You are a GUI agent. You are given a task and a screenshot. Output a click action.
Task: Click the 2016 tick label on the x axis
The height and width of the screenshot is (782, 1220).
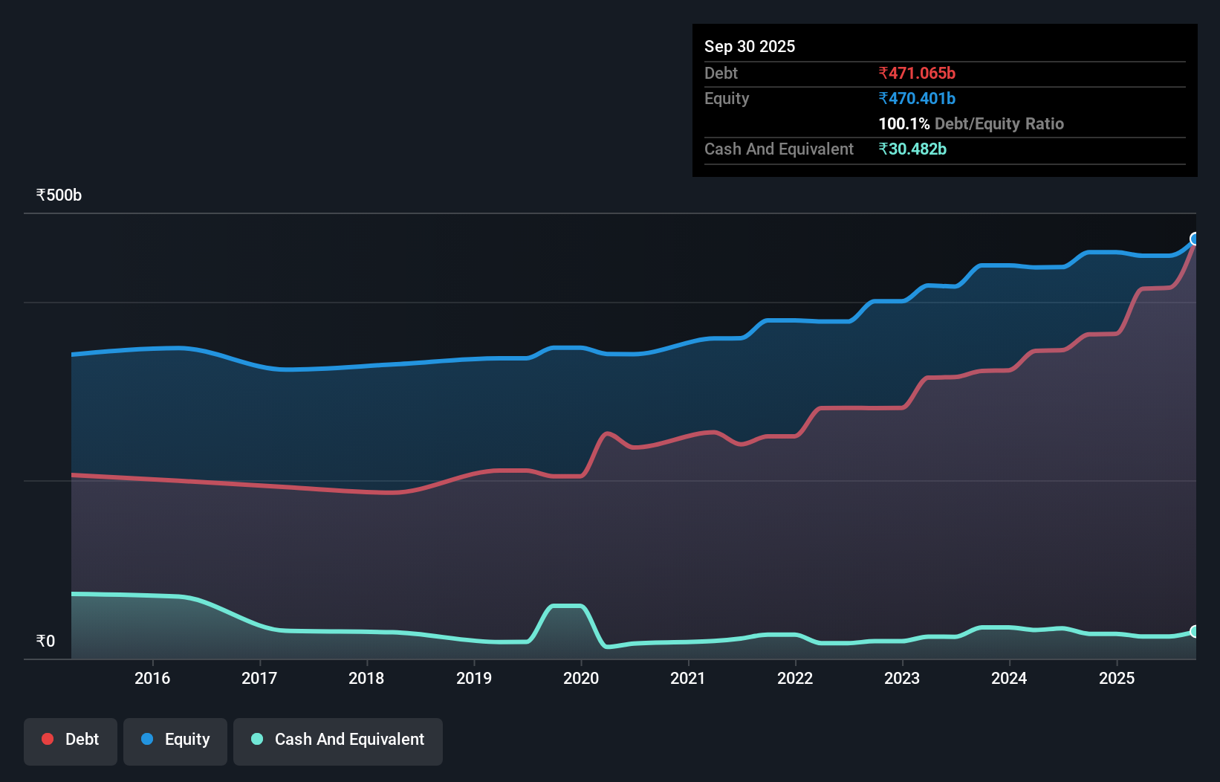152,678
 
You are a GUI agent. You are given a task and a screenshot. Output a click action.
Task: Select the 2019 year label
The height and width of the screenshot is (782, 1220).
474,678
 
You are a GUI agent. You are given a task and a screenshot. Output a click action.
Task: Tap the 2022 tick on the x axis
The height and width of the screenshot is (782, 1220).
795,678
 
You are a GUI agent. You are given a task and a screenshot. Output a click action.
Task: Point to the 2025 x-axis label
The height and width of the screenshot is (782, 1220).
1117,678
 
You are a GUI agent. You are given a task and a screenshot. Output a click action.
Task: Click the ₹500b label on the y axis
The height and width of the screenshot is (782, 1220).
59,195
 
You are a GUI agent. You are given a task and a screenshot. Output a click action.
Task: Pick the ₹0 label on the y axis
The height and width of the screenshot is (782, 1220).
45,641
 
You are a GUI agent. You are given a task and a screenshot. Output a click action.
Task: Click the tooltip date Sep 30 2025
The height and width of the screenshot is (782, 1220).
750,46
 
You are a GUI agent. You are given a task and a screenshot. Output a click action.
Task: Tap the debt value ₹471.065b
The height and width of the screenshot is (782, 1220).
917,73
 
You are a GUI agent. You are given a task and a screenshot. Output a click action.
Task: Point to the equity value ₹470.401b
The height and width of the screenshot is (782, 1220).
917,98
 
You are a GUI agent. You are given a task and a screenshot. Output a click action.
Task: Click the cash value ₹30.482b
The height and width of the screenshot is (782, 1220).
912,149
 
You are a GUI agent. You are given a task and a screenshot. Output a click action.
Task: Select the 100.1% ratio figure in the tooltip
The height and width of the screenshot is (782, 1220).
903,123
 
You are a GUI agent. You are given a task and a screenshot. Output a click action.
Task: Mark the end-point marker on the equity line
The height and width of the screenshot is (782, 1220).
1195,239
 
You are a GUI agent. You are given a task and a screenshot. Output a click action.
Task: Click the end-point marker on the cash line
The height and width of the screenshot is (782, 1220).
1195,631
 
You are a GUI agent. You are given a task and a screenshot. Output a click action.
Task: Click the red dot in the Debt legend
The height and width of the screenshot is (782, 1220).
48,739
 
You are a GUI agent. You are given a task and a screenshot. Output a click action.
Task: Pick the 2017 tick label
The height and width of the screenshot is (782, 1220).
259,678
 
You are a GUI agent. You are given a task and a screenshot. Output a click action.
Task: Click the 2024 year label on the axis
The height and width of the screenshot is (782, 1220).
1009,678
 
